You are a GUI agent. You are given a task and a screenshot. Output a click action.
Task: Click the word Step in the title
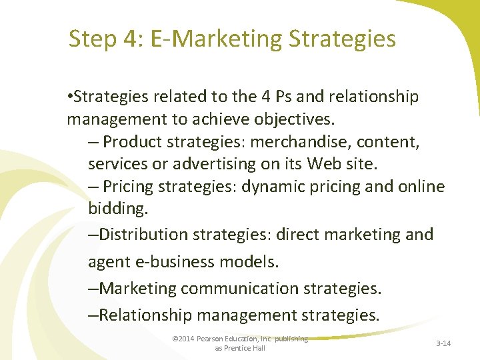(93, 39)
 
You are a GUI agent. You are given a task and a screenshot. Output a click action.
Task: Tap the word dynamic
(271, 187)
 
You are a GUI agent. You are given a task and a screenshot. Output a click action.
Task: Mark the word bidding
(115, 209)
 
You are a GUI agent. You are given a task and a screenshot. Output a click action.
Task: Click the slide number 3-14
(443, 343)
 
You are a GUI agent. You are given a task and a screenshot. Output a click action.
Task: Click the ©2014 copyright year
(182, 339)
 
